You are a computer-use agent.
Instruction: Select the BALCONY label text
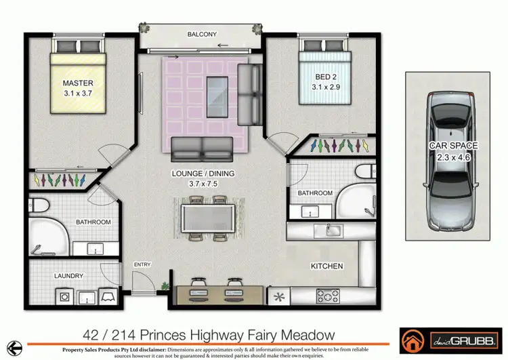203,34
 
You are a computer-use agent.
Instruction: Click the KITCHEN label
326,266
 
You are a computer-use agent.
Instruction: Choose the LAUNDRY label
68,276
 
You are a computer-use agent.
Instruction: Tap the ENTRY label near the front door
142,264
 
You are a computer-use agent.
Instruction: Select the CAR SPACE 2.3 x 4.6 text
453,151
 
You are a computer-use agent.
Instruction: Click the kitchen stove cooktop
328,296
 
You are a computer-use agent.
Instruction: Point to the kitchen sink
333,231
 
